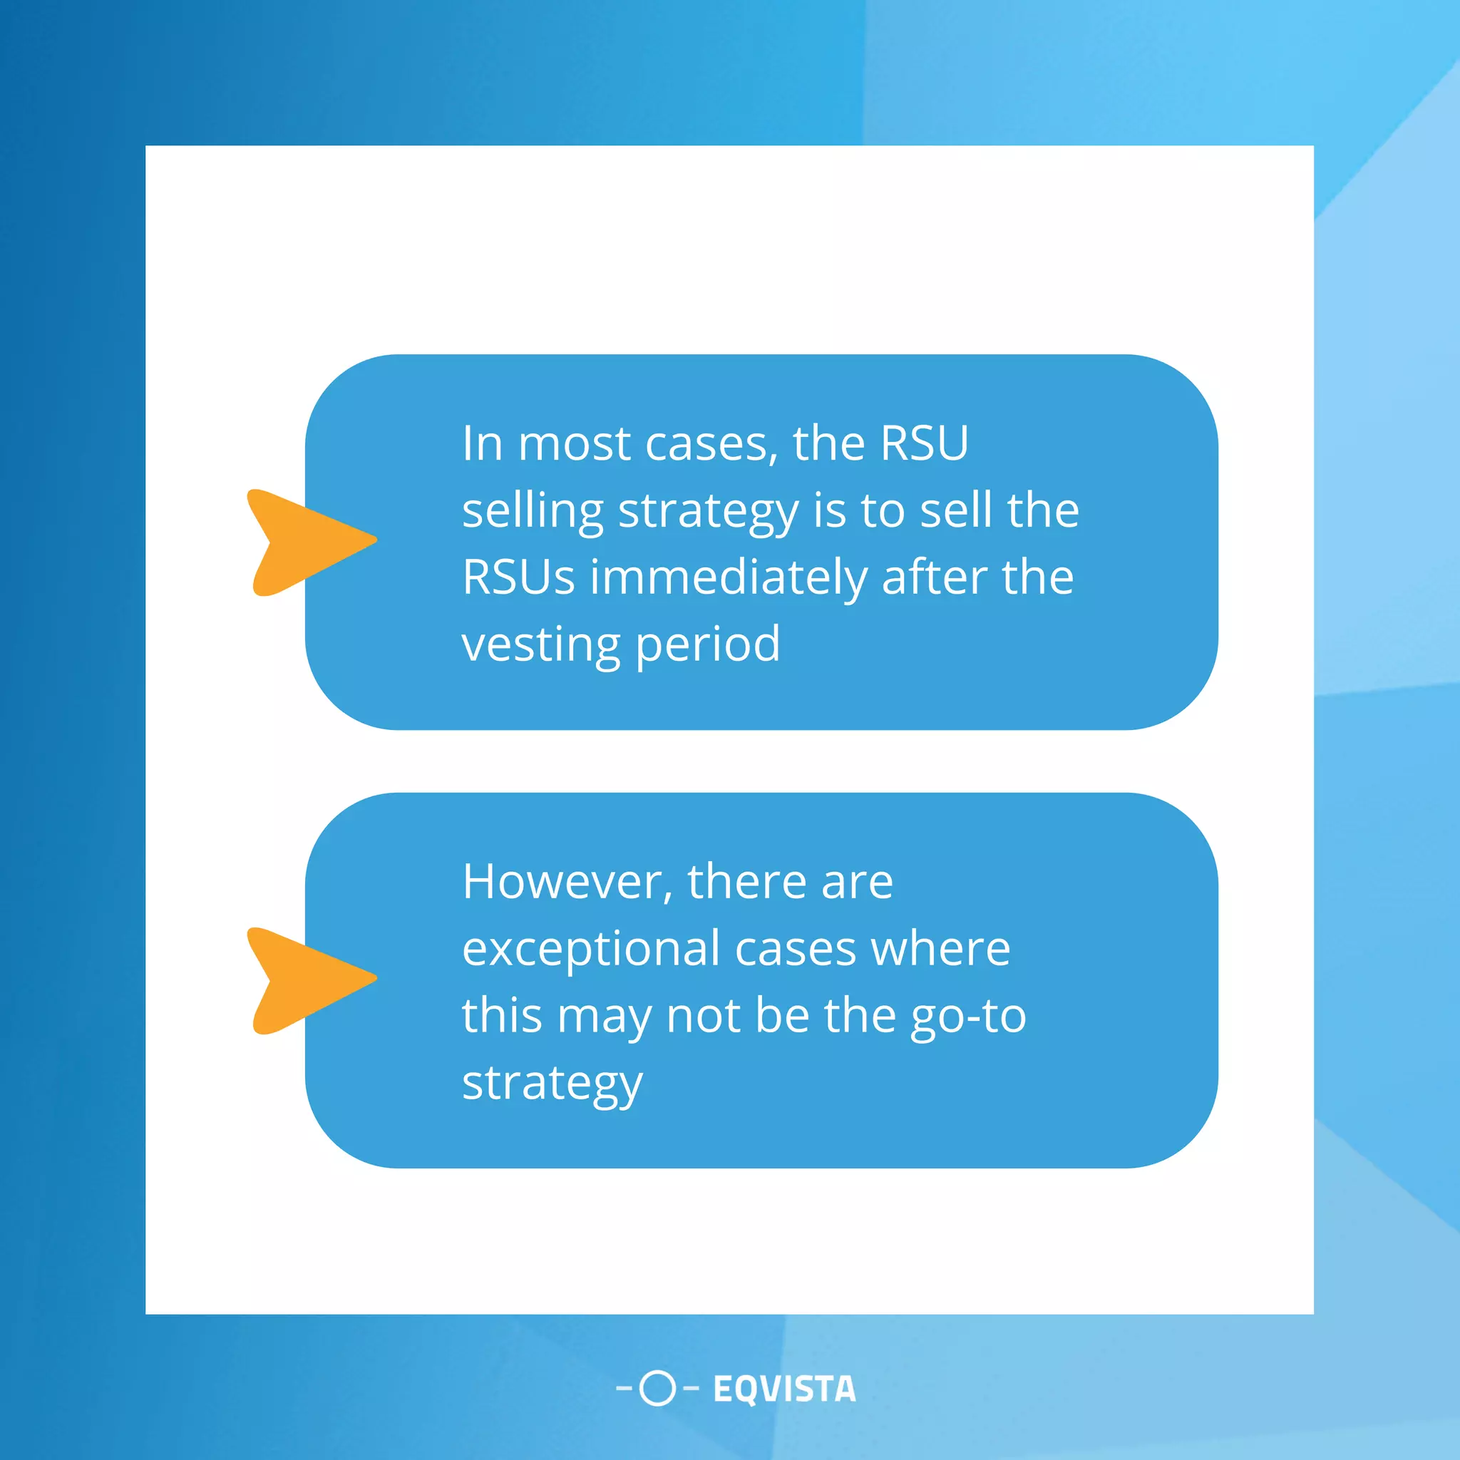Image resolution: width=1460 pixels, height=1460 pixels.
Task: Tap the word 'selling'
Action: (532, 511)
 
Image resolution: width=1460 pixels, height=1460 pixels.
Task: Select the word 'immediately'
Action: (728, 577)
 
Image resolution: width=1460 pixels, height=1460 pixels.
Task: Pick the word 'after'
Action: (934, 577)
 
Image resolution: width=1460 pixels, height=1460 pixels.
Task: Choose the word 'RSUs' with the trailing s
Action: (518, 577)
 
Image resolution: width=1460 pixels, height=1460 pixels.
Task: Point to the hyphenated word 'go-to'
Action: (968, 1016)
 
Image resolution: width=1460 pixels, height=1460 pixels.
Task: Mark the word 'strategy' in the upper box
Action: (708, 511)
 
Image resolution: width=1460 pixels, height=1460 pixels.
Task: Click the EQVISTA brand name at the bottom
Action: (784, 1389)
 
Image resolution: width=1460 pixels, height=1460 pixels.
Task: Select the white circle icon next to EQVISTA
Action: (657, 1388)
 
